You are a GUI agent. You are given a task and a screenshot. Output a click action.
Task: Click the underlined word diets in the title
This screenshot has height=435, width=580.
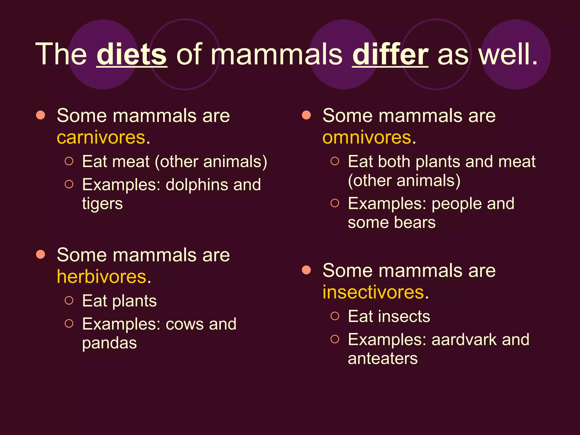tap(132, 54)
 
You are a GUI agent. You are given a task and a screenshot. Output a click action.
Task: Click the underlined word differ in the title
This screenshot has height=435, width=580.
tap(390, 54)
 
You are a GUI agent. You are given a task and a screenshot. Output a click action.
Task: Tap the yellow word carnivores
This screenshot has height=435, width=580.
tap(101, 138)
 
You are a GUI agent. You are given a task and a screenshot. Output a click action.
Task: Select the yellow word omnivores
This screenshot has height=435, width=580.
tap(367, 138)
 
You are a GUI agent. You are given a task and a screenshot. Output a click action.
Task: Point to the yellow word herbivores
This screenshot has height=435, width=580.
tap(102, 277)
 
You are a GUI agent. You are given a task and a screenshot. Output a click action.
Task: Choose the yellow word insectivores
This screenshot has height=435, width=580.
tap(373, 292)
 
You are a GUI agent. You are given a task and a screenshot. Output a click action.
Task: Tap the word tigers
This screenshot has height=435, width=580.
tap(103, 204)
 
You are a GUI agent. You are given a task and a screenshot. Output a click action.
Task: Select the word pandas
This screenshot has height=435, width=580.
tap(109, 343)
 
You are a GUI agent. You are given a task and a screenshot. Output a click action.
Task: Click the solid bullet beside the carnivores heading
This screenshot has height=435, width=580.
tap(41, 115)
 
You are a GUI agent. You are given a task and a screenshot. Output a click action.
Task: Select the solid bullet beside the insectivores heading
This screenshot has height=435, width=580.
tap(306, 270)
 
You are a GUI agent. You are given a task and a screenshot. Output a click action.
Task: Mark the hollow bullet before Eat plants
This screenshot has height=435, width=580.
tap(69, 300)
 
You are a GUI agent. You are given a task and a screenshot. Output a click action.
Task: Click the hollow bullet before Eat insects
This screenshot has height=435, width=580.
tap(335, 316)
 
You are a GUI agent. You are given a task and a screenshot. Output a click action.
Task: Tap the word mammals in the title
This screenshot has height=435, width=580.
tap(276, 54)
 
